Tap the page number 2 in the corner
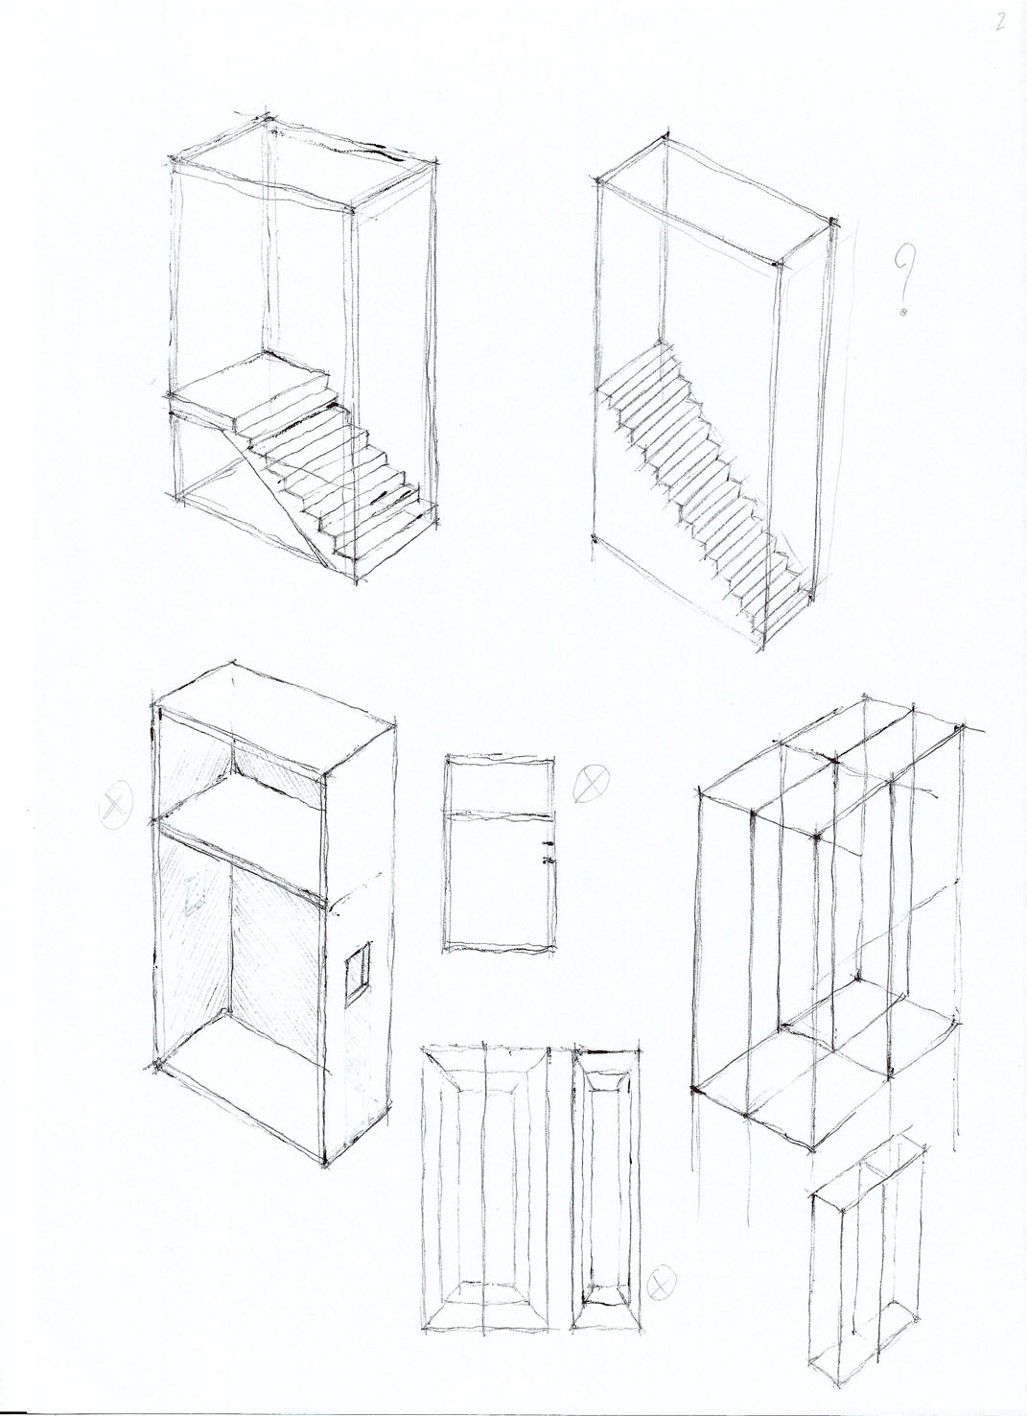[1000, 21]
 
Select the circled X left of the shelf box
[116, 804]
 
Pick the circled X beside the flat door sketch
[591, 783]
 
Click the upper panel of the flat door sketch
[500, 783]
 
